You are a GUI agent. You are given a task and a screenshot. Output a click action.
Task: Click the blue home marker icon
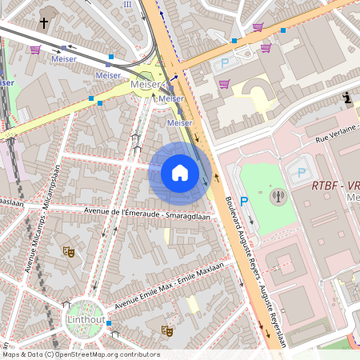click(180, 173)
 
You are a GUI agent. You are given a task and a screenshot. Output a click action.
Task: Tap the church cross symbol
click(43, 22)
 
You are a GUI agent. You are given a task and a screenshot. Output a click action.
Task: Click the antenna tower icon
click(278, 196)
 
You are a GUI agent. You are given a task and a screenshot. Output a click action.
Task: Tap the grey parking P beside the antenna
click(301, 172)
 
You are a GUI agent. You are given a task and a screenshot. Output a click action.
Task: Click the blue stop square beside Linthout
click(109, 324)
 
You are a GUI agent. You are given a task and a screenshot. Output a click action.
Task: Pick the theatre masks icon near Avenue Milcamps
click(69, 251)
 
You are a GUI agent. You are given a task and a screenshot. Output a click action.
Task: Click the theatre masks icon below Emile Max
click(167, 330)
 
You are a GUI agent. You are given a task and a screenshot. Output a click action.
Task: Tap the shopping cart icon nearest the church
click(35, 50)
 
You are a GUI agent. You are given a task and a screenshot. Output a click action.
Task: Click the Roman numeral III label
click(127, 4)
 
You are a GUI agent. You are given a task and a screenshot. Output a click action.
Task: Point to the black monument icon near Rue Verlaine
click(346, 98)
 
